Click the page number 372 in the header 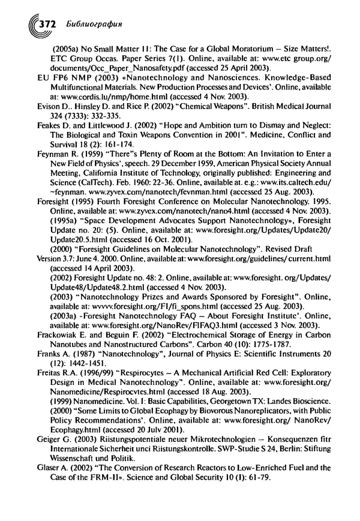(46, 25)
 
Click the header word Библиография (91, 25)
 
